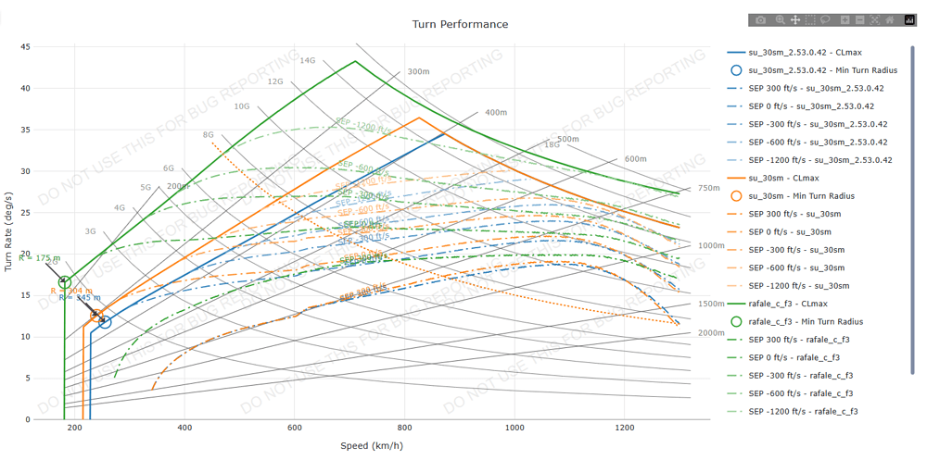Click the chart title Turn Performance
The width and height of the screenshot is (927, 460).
tap(460, 24)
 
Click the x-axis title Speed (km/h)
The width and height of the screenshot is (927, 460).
tap(371, 446)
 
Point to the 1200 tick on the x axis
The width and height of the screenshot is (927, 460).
tap(624, 428)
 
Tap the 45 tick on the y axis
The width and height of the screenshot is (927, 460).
tap(25, 47)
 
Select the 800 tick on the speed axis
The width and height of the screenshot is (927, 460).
tap(404, 428)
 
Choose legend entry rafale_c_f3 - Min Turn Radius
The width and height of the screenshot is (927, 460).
tap(805, 322)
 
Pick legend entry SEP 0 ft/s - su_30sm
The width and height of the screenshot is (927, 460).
tap(796, 232)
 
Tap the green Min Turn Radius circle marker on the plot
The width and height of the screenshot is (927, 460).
tap(64, 282)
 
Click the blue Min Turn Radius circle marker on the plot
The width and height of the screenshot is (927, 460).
tap(105, 322)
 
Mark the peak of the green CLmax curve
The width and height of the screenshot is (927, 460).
tap(355, 61)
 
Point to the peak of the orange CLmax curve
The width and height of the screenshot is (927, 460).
tap(419, 118)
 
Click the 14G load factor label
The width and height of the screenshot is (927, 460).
tap(307, 61)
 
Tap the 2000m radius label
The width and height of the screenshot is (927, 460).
tap(711, 333)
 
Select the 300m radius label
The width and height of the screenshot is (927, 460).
tap(418, 71)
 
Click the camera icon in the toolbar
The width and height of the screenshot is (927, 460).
tap(761, 19)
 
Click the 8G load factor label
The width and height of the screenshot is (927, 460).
tap(208, 135)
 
